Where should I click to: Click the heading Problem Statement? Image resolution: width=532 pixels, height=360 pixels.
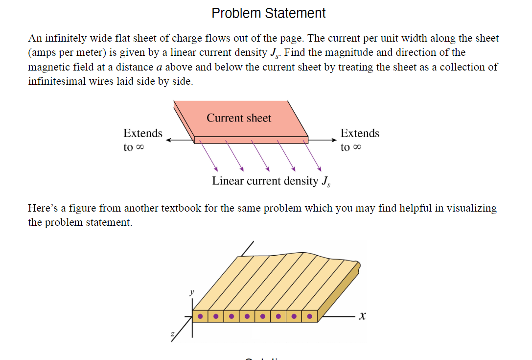(269, 13)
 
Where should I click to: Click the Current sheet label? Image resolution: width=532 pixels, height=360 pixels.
(239, 118)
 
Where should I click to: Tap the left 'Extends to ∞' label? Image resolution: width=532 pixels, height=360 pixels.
(142, 140)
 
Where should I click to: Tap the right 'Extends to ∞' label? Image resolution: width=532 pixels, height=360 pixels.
(360, 140)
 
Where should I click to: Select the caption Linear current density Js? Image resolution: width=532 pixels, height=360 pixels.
(271, 181)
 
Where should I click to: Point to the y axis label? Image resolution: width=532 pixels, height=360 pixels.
(191, 292)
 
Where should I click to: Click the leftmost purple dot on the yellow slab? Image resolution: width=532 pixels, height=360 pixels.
(200, 316)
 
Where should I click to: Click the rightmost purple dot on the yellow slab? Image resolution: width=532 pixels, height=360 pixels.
(309, 316)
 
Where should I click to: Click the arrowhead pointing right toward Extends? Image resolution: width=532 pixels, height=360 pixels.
(334, 140)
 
